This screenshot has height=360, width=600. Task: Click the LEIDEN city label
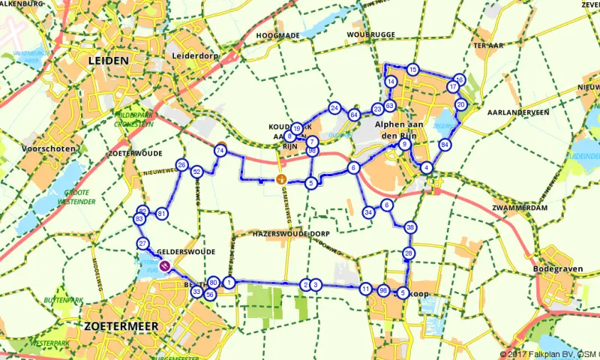click(x=108, y=60)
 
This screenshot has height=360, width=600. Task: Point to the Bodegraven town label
click(x=556, y=268)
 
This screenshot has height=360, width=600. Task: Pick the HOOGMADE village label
click(x=277, y=35)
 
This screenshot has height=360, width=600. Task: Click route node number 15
click(x=412, y=70)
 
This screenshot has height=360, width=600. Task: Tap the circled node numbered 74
click(x=220, y=150)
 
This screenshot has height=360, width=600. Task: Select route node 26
click(x=181, y=164)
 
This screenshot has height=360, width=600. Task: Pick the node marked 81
click(x=162, y=214)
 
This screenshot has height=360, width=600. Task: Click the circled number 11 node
click(x=365, y=289)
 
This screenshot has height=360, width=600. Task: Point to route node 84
click(x=445, y=144)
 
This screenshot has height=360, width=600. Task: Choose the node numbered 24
click(x=334, y=108)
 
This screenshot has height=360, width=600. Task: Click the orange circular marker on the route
click(x=280, y=178)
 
